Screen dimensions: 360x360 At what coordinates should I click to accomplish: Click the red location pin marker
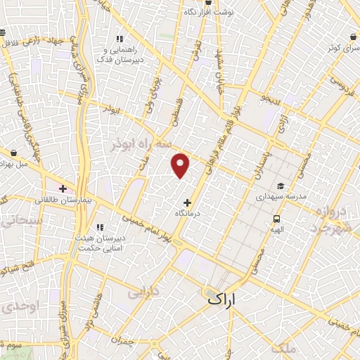[181, 165]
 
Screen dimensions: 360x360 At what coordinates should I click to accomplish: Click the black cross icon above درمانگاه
[187, 202]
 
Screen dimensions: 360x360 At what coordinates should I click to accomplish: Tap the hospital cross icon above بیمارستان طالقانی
[63, 188]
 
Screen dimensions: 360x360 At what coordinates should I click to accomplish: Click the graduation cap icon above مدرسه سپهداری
[281, 186]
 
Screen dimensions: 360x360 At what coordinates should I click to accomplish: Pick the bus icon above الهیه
[277, 219]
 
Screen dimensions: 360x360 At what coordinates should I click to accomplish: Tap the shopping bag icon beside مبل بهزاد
[13, 151]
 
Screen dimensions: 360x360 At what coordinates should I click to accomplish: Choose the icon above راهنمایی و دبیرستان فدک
[120, 39]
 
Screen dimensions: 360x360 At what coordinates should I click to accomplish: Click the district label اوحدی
[15, 307]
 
